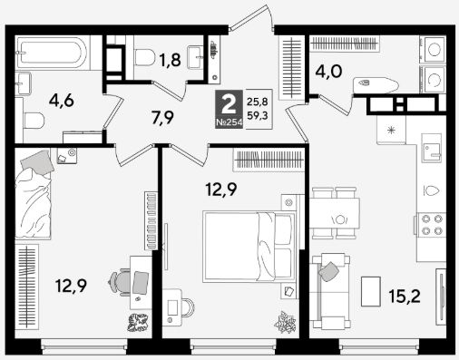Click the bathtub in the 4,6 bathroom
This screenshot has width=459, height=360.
click(x=53, y=53)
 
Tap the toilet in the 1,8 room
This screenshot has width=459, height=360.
click(x=142, y=57)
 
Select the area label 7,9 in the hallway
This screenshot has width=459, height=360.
click(x=162, y=118)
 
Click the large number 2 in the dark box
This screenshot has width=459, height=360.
click(x=229, y=104)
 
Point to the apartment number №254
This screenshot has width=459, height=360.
click(x=229, y=122)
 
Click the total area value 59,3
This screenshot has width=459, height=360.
click(x=258, y=115)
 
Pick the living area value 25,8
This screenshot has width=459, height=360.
click(x=258, y=102)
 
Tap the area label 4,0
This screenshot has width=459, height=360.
click(x=328, y=72)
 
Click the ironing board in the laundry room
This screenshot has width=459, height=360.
click(x=376, y=85)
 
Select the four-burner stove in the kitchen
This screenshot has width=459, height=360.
click(x=432, y=224)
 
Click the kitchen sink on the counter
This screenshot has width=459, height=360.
click(x=432, y=148)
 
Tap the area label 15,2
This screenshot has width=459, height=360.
click(x=405, y=297)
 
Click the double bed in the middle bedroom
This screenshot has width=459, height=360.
click(x=249, y=247)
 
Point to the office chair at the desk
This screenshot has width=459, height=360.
click(x=119, y=282)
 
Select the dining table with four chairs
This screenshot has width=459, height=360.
click(x=335, y=213)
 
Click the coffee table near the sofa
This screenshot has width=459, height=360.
click(x=371, y=291)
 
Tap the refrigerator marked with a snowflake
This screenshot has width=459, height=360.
click(x=391, y=131)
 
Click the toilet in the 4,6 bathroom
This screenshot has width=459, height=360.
click(x=34, y=121)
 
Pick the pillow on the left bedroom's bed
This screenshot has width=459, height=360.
click(x=37, y=162)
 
